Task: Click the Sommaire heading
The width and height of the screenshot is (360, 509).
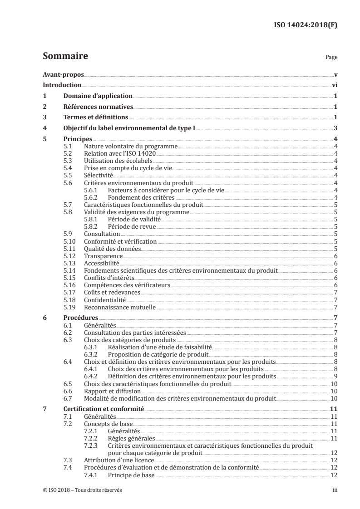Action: point(65,57)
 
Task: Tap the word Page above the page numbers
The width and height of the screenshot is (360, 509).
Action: point(331,58)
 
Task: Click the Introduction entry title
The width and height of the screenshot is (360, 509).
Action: point(62,85)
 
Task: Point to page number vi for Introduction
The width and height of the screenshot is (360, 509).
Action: point(334,85)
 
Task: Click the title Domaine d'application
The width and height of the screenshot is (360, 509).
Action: point(98,96)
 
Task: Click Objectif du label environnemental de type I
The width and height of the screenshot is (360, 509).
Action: point(129,128)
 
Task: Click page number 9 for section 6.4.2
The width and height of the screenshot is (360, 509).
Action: point(335,376)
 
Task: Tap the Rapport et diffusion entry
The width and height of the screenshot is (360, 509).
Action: point(112,391)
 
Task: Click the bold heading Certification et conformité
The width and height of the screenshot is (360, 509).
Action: point(104,409)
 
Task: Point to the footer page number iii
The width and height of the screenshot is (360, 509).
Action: point(334,490)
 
